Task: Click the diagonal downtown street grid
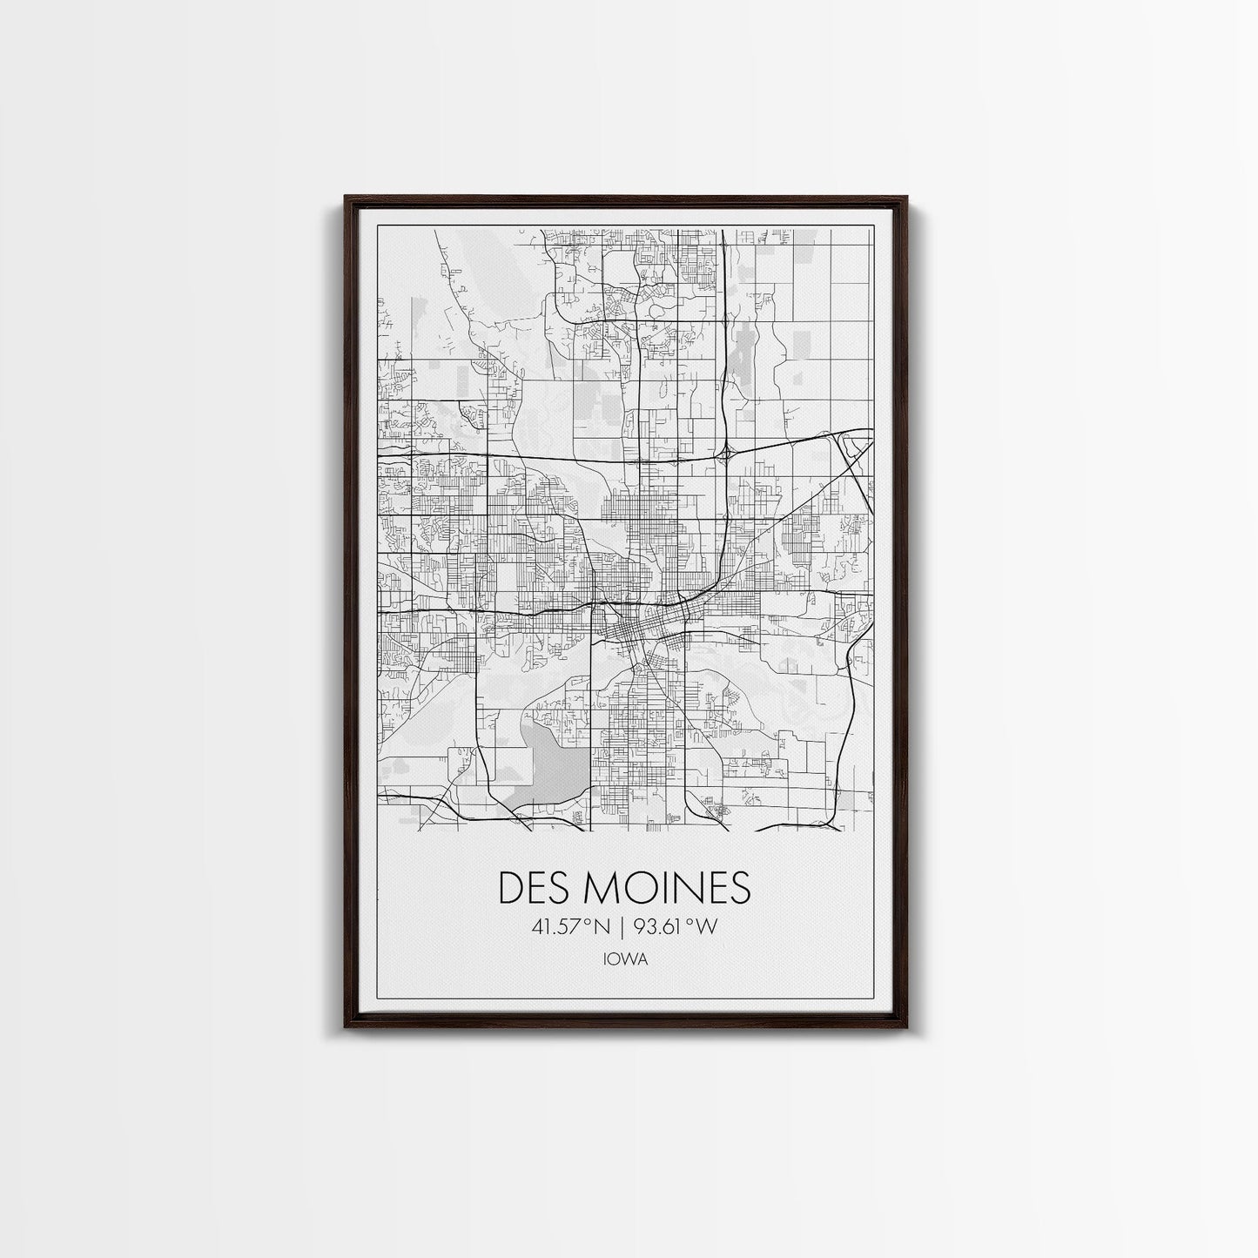point(640,631)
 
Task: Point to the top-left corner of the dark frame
point(346,197)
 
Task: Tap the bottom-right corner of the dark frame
point(906,1027)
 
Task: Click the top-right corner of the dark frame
point(906,197)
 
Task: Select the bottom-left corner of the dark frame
point(346,1027)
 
